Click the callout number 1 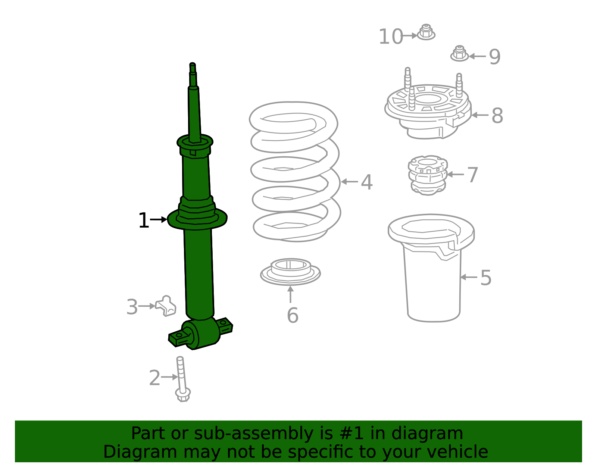143,221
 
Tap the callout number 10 390,37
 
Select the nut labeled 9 459,54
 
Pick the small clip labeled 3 166,306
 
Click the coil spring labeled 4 295,172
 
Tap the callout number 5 485,278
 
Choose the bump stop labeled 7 428,175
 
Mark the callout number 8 497,116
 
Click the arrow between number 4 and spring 349,182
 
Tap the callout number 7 472,175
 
